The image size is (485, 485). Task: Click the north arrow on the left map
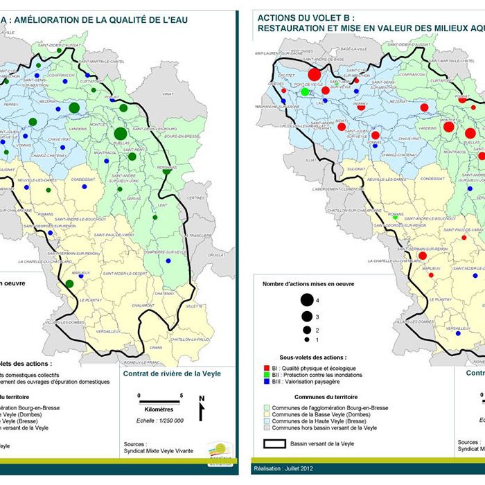coord(202,408)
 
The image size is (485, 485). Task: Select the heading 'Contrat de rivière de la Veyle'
coord(172,373)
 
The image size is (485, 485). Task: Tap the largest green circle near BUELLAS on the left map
coord(121,133)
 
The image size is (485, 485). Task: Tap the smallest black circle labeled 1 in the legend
coord(305,339)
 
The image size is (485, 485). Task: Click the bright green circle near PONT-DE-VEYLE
coord(305,91)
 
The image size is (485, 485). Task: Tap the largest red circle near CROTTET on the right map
coord(314,74)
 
